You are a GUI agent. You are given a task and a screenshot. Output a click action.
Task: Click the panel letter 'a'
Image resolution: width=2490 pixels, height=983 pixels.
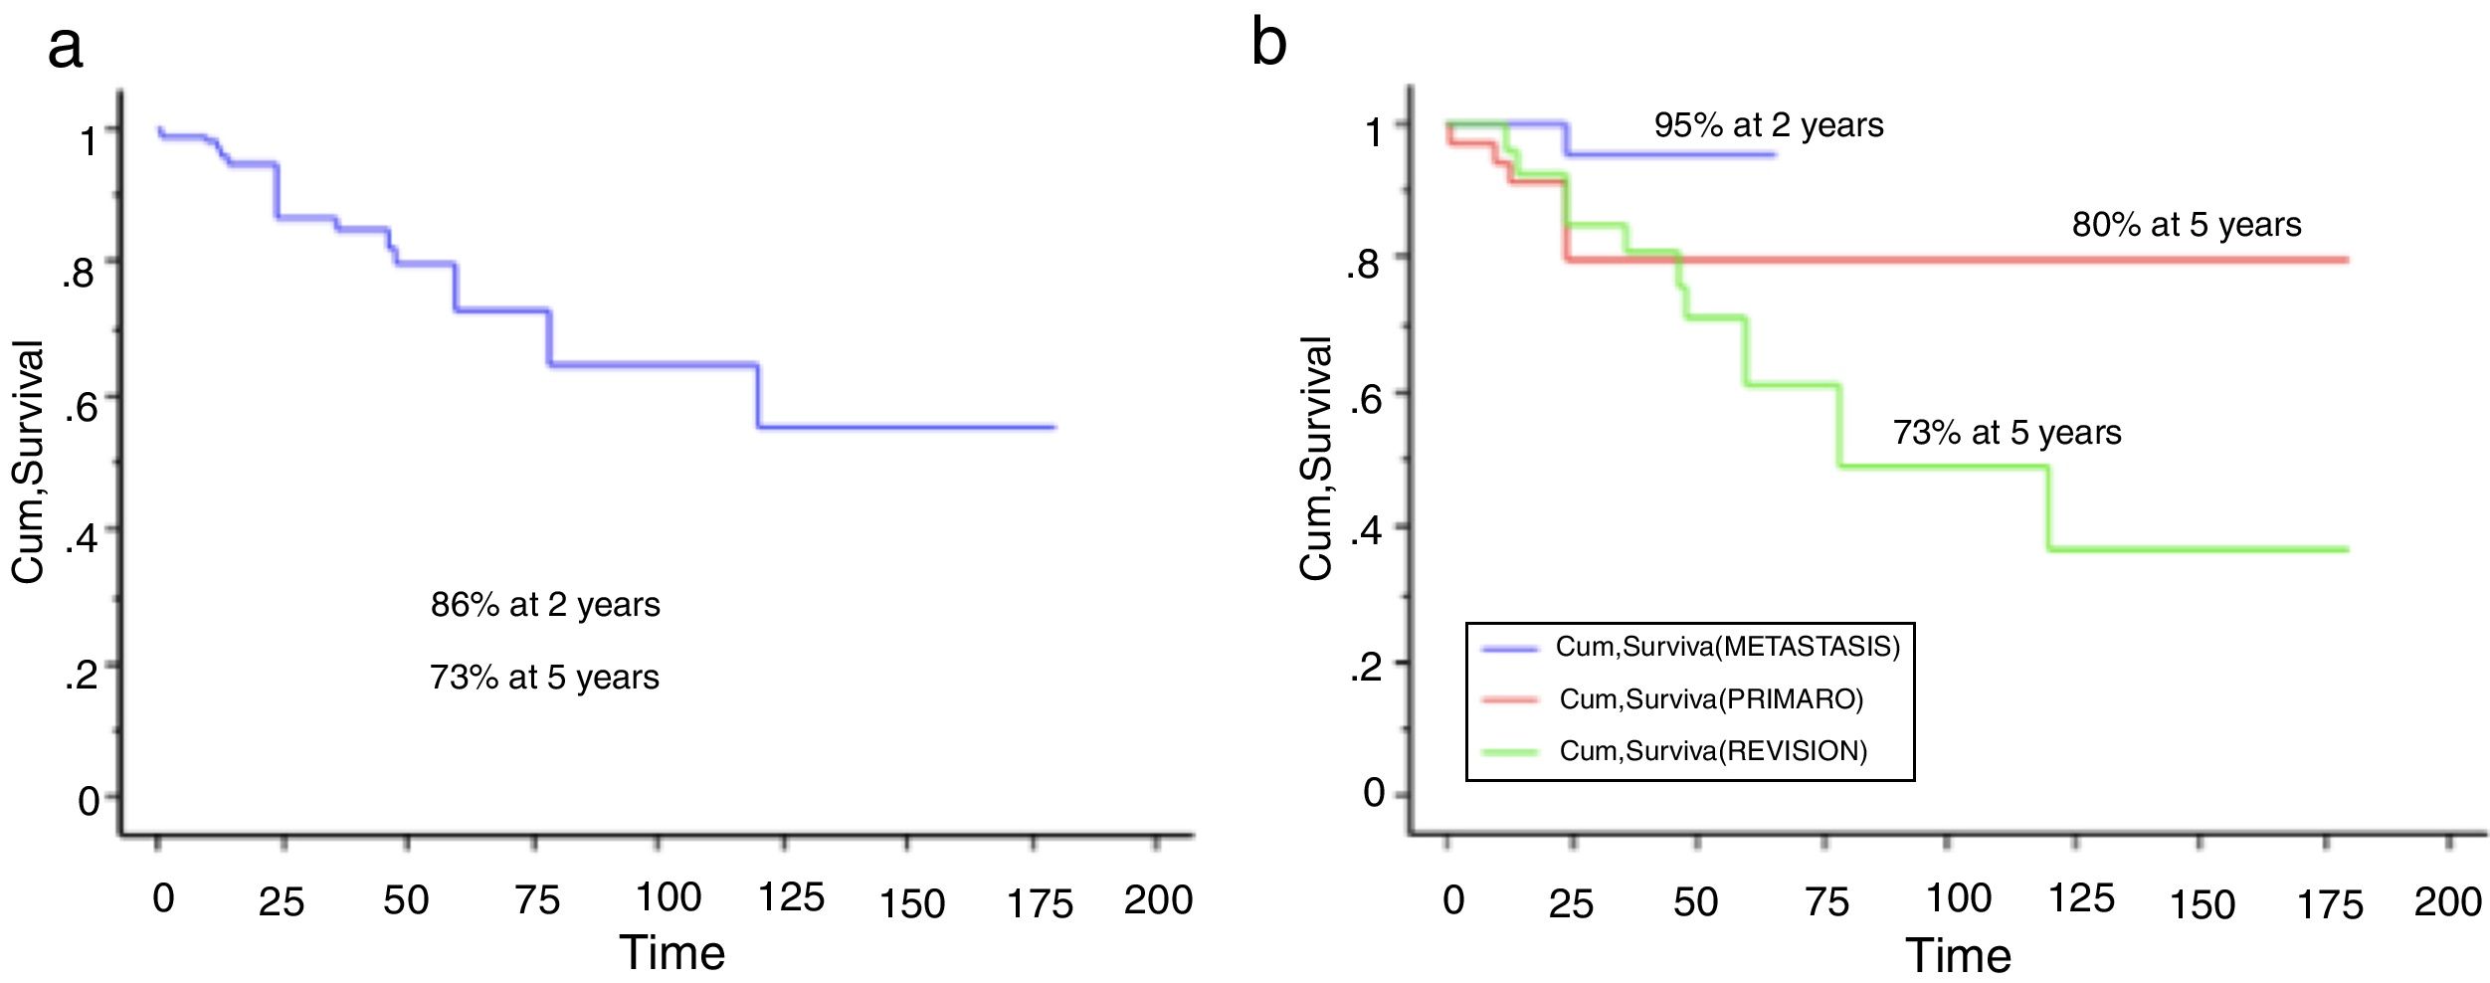click(65, 48)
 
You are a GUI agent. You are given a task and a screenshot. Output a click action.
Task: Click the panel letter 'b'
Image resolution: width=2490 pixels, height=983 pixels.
click(1268, 44)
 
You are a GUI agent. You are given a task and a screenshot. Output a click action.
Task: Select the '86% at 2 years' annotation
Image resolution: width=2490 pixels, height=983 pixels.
click(545, 605)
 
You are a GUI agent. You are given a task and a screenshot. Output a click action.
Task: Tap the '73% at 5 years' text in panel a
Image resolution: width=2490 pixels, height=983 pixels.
click(544, 678)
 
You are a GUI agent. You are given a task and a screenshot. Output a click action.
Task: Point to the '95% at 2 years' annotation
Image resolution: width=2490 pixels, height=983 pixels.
click(1769, 125)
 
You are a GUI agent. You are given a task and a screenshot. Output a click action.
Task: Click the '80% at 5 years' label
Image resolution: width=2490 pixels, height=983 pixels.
click(2187, 225)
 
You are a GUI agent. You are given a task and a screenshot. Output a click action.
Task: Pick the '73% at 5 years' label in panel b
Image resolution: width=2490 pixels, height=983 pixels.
click(2007, 433)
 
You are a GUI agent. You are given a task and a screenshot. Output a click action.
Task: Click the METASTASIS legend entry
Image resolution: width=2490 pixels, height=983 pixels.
click(1727, 648)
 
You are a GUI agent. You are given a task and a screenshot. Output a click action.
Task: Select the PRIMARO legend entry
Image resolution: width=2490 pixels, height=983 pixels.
click(1711, 699)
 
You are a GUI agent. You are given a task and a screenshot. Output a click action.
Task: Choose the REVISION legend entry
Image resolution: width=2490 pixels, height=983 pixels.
click(1713, 751)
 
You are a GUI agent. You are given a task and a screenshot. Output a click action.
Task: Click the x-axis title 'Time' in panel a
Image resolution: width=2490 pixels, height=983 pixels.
click(672, 953)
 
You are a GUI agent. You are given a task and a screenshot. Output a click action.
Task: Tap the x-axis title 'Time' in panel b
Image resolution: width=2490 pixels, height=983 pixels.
click(1958, 955)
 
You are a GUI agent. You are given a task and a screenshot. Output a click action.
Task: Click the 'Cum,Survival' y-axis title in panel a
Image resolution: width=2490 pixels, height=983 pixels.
click(28, 462)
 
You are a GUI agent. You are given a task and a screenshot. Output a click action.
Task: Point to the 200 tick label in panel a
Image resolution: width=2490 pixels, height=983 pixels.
click(1158, 900)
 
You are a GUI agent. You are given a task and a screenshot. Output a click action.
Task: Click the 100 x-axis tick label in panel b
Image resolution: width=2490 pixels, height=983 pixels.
click(1958, 898)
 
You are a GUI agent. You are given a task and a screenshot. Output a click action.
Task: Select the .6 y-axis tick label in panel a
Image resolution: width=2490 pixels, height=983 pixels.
click(82, 406)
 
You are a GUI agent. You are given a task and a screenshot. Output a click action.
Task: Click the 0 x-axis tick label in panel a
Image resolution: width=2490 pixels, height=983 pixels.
click(163, 898)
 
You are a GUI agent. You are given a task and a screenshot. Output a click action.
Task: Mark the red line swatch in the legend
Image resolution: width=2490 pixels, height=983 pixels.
click(1510, 699)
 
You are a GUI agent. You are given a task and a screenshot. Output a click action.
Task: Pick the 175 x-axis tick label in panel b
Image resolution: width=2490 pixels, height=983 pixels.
click(2329, 904)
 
